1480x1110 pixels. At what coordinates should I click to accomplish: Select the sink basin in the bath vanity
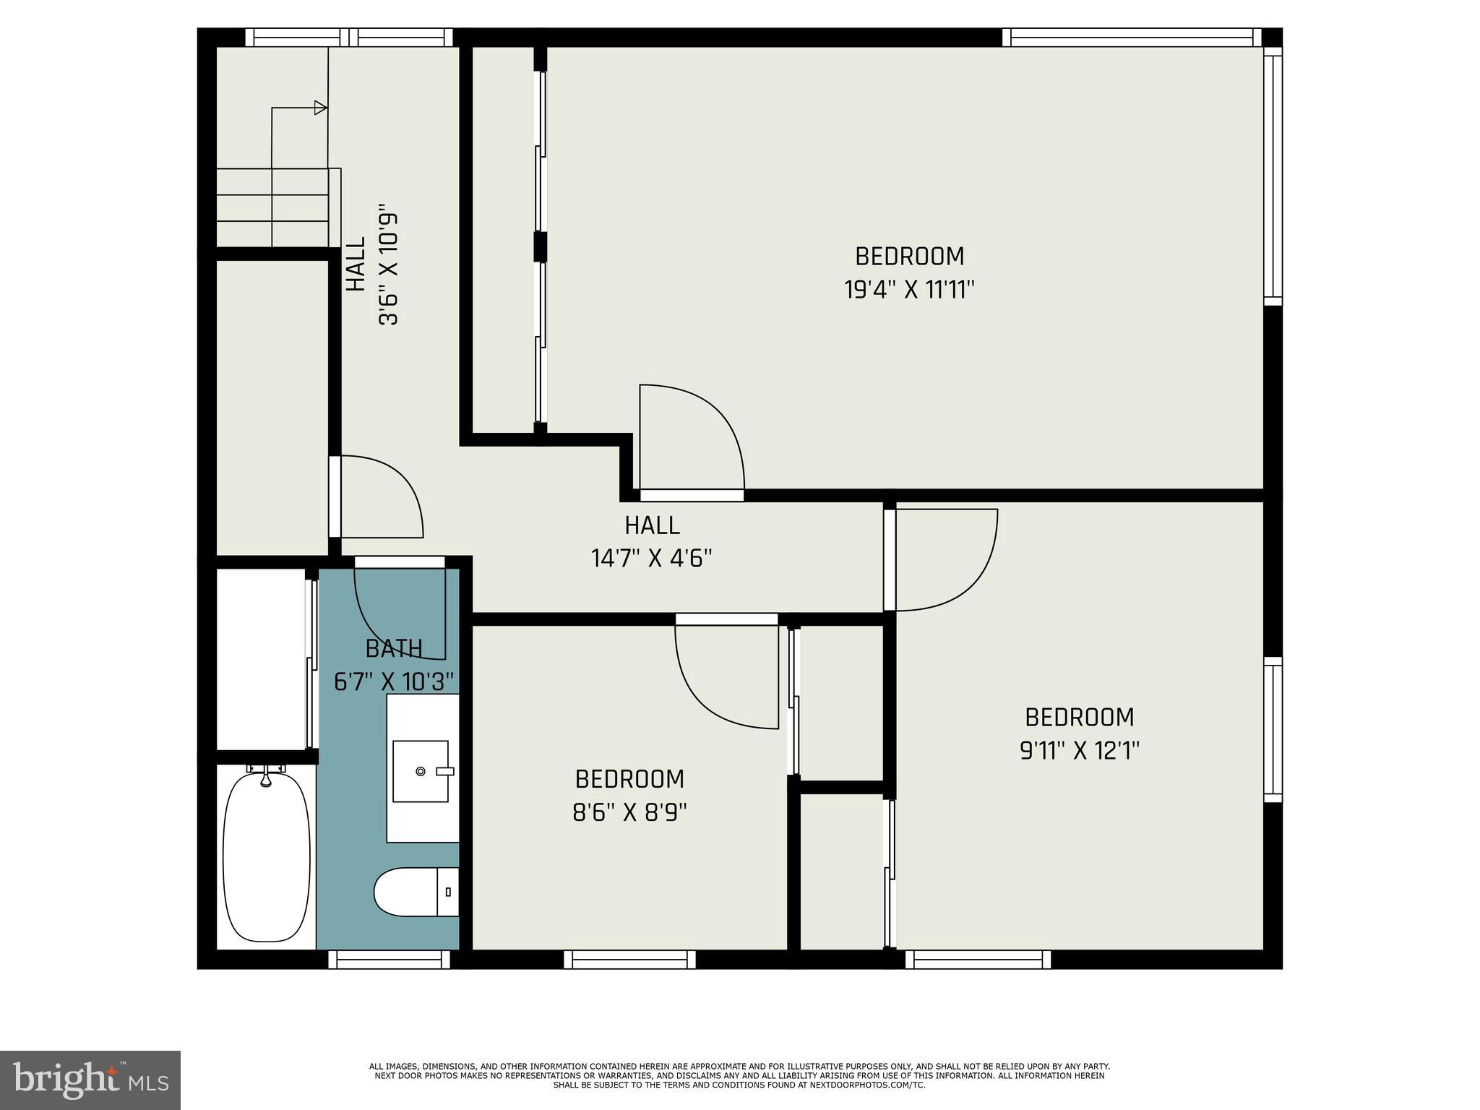420,771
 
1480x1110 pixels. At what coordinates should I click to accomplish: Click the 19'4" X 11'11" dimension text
909,291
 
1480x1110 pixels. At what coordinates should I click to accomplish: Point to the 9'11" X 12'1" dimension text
1079,752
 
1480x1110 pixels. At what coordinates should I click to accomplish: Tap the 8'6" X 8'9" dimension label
629,813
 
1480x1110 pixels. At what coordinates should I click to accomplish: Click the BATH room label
394,649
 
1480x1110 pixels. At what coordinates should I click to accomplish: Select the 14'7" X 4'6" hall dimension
652,559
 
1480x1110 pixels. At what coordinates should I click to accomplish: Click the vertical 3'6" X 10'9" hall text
389,269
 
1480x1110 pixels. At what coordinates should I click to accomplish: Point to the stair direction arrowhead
321,108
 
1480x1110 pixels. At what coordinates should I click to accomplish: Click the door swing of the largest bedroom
701,434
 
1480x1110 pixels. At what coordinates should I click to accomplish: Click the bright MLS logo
90,1080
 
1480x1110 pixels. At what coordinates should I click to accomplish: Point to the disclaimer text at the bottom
739,1075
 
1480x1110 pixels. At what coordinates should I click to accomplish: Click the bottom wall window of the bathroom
390,960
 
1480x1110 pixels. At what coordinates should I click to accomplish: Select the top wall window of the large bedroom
1131,38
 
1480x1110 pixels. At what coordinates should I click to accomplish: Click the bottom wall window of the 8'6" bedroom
629,960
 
